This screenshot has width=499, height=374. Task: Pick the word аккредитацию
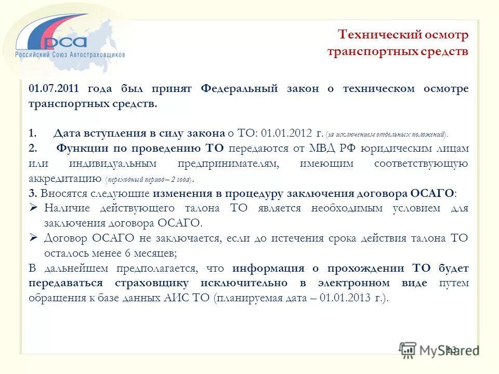coord(64,179)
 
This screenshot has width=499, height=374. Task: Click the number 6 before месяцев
coord(127,253)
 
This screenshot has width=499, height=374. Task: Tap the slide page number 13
coord(451,350)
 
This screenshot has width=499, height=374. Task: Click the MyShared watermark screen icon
coord(408,350)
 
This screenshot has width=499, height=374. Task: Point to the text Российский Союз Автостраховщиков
coord(70,54)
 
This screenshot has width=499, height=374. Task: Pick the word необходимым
coord(347,208)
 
